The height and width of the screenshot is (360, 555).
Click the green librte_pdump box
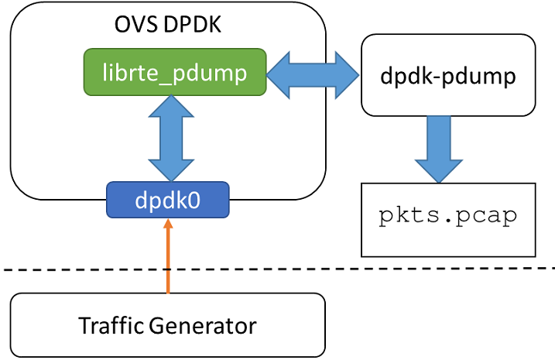point(174,73)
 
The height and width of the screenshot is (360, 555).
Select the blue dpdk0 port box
point(168,200)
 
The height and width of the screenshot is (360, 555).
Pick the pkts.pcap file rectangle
point(448,219)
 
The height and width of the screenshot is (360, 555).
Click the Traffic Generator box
point(167,324)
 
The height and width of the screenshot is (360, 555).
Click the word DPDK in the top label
point(194,25)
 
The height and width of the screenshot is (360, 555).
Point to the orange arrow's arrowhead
point(168,225)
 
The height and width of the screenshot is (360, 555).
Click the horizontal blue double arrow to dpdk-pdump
point(313,74)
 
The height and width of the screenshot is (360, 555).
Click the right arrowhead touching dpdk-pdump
point(348,74)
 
